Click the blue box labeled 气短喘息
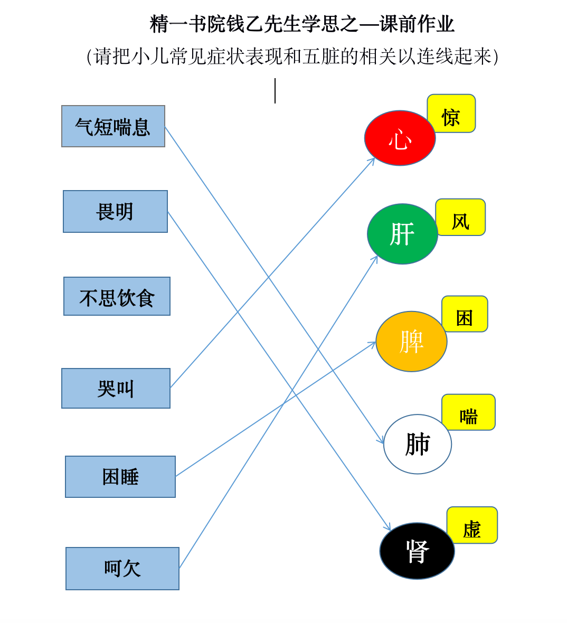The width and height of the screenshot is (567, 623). [x=113, y=126]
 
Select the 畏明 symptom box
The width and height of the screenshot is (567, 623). [x=115, y=211]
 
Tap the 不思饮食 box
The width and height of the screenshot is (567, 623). [x=117, y=296]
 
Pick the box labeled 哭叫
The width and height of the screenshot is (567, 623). [x=116, y=388]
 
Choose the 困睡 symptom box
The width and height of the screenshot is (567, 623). [x=120, y=477]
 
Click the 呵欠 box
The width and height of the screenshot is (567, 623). [x=122, y=569]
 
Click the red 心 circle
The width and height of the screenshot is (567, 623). [x=400, y=138]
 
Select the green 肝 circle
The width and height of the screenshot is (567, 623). [x=402, y=234]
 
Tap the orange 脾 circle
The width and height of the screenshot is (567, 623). [x=411, y=342]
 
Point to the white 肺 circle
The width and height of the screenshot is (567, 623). [x=418, y=444]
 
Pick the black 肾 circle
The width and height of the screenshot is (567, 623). [x=417, y=551]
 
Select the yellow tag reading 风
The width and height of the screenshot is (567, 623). [x=461, y=218]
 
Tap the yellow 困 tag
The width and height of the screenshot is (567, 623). [x=465, y=314]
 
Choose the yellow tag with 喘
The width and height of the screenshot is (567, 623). [x=469, y=412]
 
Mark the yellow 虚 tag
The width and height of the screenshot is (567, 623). [x=472, y=525]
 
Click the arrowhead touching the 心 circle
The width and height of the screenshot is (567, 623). [x=372, y=161]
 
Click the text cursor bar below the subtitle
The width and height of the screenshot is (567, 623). [x=275, y=91]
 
